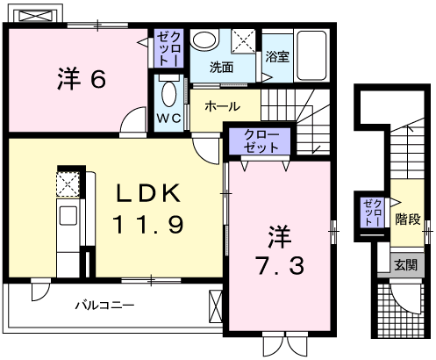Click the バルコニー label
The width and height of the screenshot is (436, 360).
[103, 306]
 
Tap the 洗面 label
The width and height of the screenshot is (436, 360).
[221, 67]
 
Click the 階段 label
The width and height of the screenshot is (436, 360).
[405, 217]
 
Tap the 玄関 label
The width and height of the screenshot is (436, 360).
[404, 263]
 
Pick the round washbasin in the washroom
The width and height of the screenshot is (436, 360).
[205, 42]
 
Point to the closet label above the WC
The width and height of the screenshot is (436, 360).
[168, 48]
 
